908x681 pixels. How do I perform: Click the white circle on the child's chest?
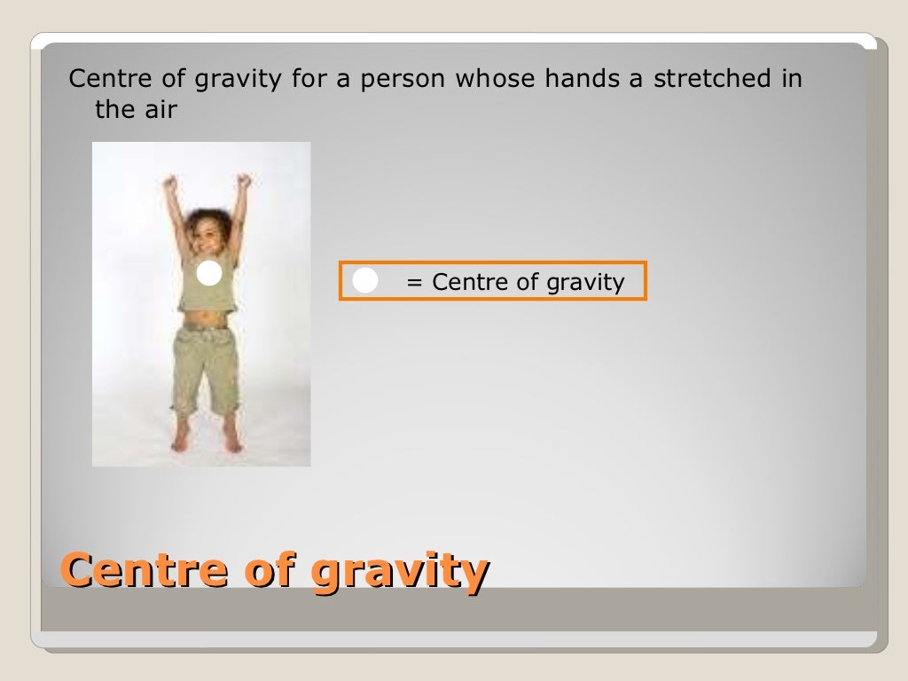coord(208,274)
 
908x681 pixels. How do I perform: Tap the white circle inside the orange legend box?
coord(365,281)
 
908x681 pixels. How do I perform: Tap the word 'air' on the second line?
coord(160,110)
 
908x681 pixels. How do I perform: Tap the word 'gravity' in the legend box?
coord(585,284)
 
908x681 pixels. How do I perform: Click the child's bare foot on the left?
coord(181,437)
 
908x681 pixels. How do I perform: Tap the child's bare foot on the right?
coord(232,438)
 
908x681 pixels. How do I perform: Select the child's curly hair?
coord(209,216)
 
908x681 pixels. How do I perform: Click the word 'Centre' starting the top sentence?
coord(106,79)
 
